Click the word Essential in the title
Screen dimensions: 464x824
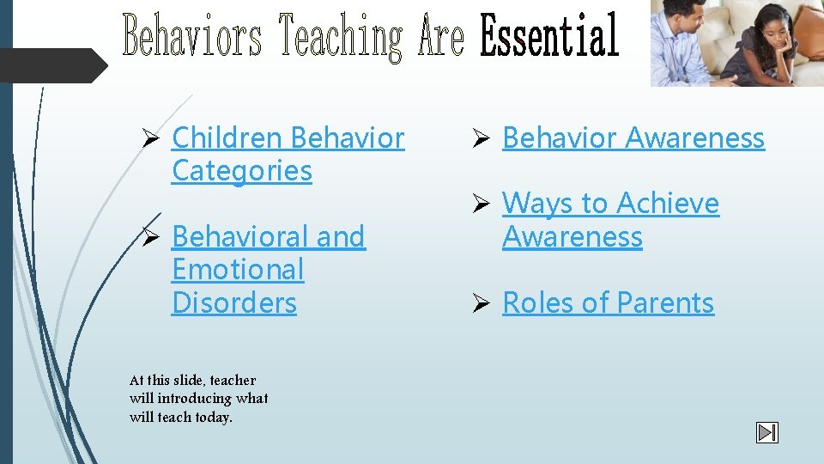549,36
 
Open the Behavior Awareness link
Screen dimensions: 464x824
633,137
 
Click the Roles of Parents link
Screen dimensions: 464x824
608,302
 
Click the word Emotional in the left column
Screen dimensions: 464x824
238,269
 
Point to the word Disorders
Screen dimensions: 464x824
234,302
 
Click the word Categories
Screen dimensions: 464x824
242,170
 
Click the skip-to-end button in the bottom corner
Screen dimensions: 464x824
766,433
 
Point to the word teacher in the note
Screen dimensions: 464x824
233,380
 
